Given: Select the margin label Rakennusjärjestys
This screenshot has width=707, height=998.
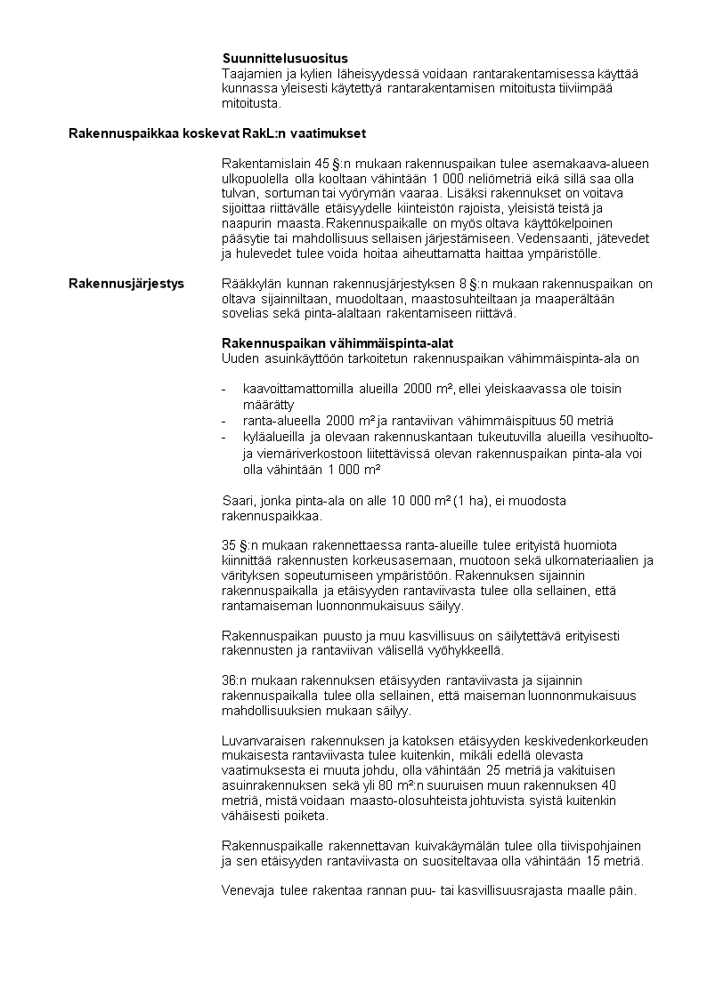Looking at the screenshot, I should click(126, 284).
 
